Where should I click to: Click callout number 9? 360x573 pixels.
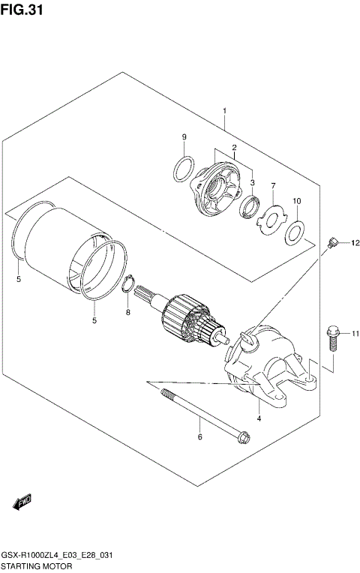point(183,136)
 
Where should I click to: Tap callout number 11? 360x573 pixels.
point(355,333)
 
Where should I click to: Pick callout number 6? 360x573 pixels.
point(199,436)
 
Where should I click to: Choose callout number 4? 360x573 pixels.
point(258,418)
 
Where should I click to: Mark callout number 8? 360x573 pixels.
point(127,312)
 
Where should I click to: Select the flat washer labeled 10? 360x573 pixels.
point(295,233)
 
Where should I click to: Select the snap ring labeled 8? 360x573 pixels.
point(129,286)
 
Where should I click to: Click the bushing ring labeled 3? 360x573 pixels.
point(250,205)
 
